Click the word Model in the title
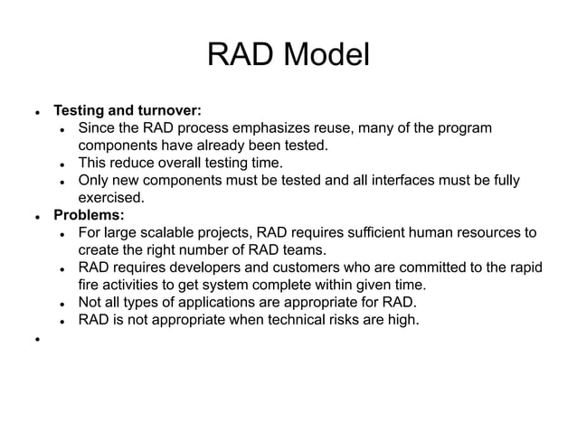click(326, 56)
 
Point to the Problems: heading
click(89, 215)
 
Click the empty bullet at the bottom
click(37, 342)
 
